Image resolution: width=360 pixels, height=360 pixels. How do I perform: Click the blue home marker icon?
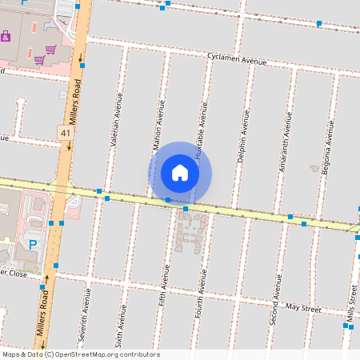[180, 172]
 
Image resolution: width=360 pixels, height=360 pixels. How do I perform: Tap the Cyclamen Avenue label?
[236, 59]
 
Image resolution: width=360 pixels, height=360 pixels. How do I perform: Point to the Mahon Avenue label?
[158, 126]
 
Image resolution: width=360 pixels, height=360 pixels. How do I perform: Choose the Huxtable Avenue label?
[202, 125]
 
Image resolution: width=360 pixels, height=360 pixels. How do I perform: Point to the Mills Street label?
[351, 305]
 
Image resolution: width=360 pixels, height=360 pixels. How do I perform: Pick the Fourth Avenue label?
[200, 290]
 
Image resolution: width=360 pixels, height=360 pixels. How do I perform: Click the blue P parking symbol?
[33, 244]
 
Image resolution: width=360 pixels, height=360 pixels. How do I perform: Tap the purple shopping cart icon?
[50, 49]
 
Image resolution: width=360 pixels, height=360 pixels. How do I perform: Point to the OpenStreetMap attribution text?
[81, 354]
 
